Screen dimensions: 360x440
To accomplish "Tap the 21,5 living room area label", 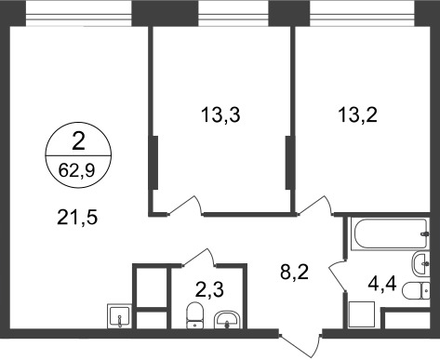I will tap(78, 220).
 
